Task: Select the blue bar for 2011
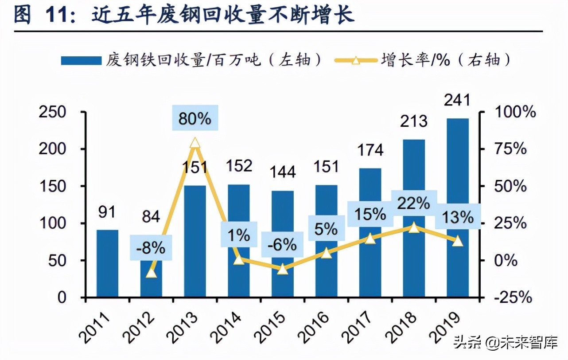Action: coord(108,263)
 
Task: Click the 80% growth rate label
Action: coord(195,119)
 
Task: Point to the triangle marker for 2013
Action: coord(195,143)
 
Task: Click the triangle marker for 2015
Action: coord(283,269)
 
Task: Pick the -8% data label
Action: coord(151,248)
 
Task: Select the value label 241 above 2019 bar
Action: coord(458,100)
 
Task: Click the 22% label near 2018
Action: coord(414,203)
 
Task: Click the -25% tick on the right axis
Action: coord(512,297)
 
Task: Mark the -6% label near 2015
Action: coord(283,244)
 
